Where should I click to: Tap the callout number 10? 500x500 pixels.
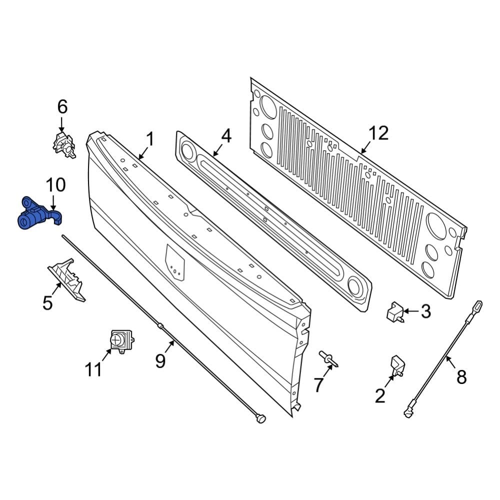[x=55, y=185]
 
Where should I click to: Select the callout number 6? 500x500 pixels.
[x=62, y=107]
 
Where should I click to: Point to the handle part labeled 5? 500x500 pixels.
[x=67, y=280]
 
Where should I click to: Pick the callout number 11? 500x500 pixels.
[x=93, y=369]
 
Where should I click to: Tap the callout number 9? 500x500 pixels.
[x=160, y=360]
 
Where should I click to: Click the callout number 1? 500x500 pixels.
[x=150, y=139]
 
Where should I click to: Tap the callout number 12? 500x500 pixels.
[x=378, y=133]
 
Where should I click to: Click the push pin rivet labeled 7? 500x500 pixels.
[x=328, y=359]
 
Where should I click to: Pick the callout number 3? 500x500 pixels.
[x=425, y=311]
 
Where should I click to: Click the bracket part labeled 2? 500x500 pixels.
[x=397, y=365]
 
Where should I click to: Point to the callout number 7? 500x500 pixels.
[x=319, y=385]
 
